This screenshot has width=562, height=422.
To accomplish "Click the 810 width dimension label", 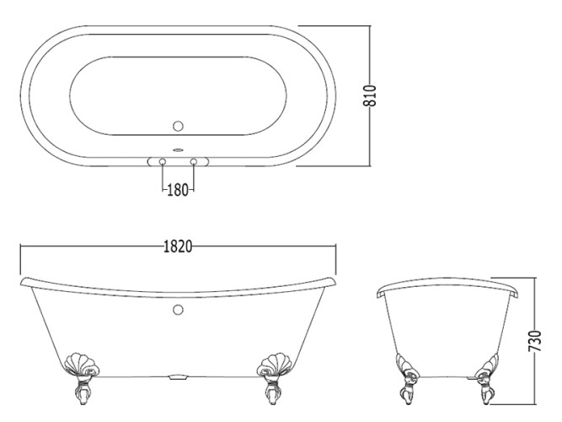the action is pos(370,95).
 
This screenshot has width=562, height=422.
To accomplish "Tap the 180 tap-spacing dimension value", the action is pos(178,190).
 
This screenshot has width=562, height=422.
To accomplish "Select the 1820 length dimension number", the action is pos(178,246).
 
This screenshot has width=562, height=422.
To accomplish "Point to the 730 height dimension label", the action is pos(535,341).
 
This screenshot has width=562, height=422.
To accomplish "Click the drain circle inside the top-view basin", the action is pos(178,126).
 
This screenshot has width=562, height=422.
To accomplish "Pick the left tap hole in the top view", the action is pos(163,161).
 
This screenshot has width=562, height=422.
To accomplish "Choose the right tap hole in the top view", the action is pos(194,161).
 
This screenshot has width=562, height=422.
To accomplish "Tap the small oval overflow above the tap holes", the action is pos(178,150).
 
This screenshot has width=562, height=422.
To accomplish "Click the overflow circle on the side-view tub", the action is pos(178,310).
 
